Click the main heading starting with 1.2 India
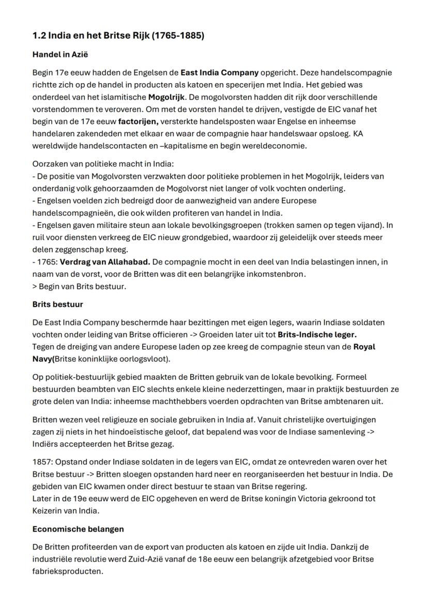coord(118,36)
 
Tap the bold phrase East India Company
coord(219,72)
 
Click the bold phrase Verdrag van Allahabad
coord(105,262)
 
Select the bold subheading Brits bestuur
coord(57,304)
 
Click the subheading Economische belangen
coord(78,529)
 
